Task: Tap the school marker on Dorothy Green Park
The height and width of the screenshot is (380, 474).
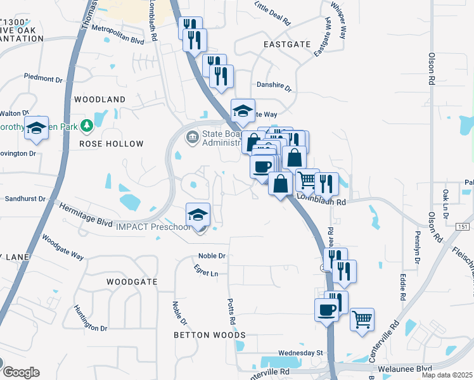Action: pos(37,129)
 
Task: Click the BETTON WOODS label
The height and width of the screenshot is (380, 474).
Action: pos(210,334)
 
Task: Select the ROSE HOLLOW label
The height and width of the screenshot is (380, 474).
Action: pos(112,144)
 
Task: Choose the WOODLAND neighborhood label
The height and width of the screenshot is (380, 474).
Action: pos(100,99)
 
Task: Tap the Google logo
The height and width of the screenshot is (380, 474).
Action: pos(20,372)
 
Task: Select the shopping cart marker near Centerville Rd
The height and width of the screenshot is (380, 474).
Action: pos(362,319)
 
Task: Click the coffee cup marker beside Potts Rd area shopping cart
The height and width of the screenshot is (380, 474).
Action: pos(326,310)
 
